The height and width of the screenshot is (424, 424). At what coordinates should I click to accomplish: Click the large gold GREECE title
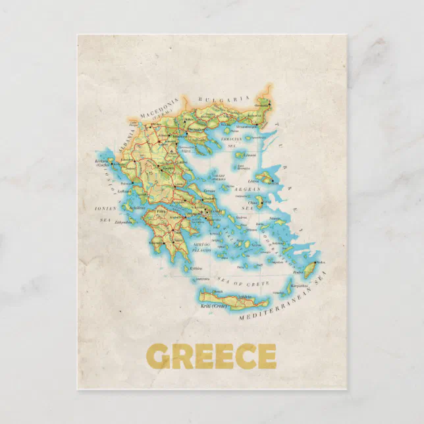tap(211, 356)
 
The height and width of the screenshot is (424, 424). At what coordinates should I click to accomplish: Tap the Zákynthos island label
tap(124, 223)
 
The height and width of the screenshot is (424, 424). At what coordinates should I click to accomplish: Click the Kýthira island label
tap(196, 268)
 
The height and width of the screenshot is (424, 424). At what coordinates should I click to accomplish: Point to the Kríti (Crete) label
tap(215, 306)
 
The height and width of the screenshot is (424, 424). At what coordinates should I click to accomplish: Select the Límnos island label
tap(248, 155)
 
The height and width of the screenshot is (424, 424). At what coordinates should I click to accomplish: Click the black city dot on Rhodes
tap(317, 262)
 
